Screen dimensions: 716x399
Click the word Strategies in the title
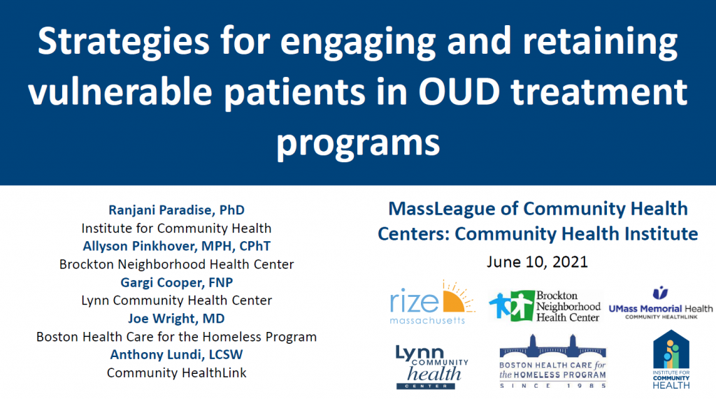click(123, 42)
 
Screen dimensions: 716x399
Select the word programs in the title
click(358, 143)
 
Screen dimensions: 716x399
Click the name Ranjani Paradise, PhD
click(176, 210)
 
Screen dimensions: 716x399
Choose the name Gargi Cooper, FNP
click(176, 282)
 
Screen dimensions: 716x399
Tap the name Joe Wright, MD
click(176, 319)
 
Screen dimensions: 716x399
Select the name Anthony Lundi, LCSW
click(176, 355)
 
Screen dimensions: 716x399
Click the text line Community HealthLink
click(176, 373)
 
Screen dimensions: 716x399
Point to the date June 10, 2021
click(537, 262)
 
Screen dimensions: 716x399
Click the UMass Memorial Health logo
click(660, 303)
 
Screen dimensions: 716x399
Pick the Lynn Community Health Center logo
click(431, 367)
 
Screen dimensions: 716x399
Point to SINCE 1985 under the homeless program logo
click(552, 386)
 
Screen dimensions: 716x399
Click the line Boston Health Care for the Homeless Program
click(176, 337)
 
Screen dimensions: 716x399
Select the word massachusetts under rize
click(427, 321)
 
